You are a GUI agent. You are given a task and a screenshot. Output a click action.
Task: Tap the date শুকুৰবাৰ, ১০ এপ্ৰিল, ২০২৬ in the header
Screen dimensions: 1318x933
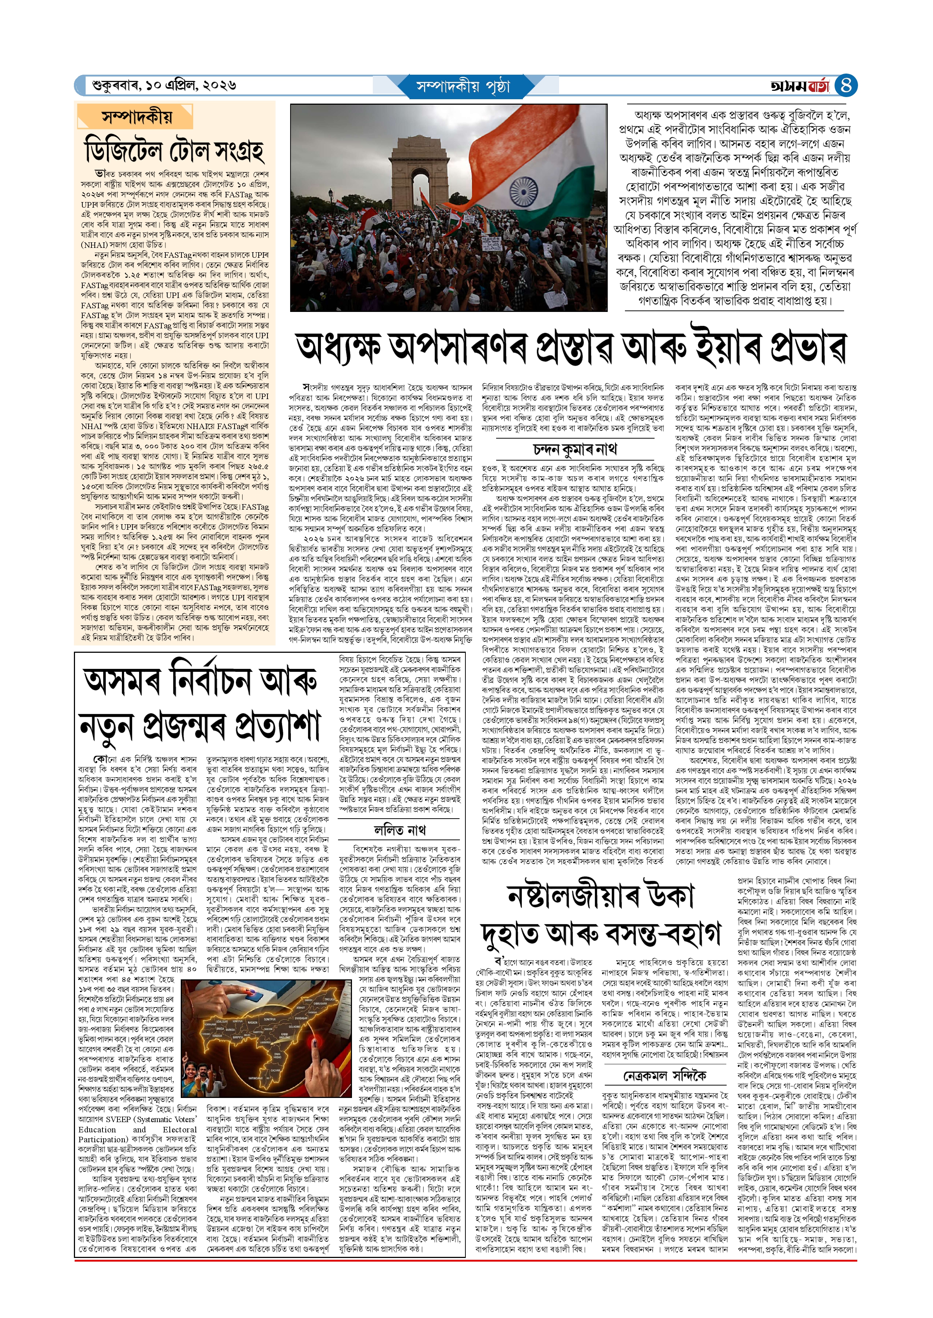pyautogui.click(x=164, y=86)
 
